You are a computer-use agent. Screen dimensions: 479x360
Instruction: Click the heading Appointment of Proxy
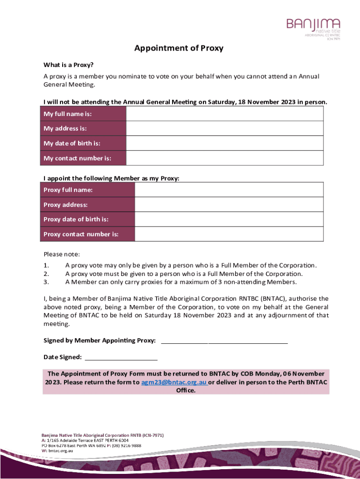179,48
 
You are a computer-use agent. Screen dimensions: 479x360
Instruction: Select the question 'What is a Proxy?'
65,65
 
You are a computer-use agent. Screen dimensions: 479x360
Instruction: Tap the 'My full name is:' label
67,114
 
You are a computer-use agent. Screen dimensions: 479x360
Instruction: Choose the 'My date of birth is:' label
72,143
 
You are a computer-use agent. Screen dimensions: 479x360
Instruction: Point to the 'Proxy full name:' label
68,190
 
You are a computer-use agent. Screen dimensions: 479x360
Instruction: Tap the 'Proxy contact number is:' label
81,234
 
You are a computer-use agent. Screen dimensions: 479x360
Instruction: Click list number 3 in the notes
46,282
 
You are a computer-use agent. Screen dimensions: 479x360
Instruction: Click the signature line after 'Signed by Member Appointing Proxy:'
224,341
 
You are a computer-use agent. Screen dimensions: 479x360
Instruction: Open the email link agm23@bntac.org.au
174,382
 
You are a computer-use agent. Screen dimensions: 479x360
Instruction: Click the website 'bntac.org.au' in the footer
60,451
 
